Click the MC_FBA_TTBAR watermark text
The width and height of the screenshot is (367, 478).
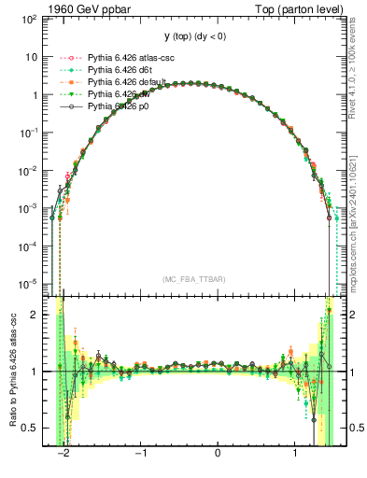pos(194,279)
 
